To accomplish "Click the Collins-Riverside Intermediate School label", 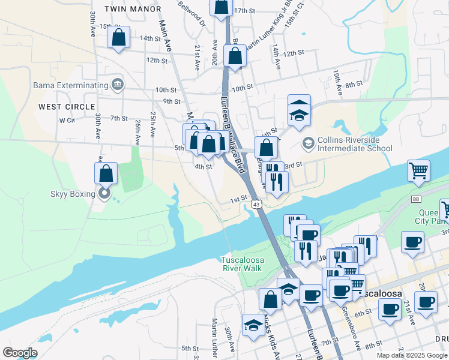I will [x=354, y=144].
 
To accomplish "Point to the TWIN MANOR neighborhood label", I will [x=133, y=9].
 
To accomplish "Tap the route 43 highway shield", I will [x=257, y=205].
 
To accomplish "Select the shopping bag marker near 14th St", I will [x=119, y=38].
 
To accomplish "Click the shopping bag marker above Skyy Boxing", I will [x=106, y=173].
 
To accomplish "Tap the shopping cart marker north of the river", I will [x=418, y=170].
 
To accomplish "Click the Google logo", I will [x=20, y=353].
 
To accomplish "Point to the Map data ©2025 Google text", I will [x=411, y=355].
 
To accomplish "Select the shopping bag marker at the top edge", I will [x=221, y=6].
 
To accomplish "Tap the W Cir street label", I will [x=66, y=120].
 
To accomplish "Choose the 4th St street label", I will [x=203, y=167].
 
